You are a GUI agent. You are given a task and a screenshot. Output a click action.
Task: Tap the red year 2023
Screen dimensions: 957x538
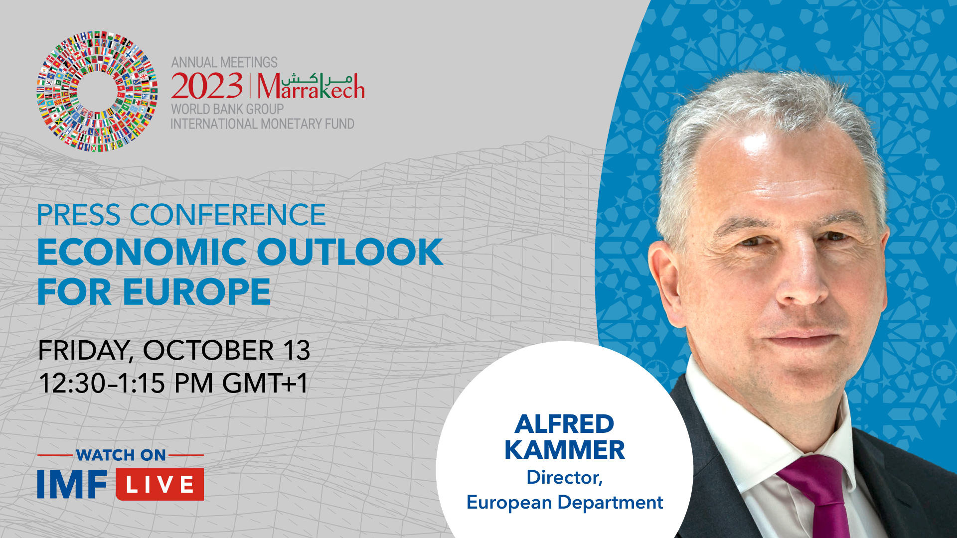click(x=207, y=86)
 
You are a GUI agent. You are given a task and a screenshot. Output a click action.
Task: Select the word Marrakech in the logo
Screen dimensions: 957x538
click(x=311, y=86)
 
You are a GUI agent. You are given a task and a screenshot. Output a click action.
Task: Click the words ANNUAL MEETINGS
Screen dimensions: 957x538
click(x=224, y=62)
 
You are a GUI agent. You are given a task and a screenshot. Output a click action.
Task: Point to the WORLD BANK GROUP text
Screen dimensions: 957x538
click(x=227, y=109)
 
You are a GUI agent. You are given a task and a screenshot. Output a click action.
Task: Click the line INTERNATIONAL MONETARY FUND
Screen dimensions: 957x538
click(x=263, y=124)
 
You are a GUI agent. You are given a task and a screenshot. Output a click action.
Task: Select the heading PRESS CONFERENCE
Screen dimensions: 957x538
click(x=181, y=215)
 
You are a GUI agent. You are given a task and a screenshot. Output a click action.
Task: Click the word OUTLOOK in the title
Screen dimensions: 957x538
click(x=350, y=252)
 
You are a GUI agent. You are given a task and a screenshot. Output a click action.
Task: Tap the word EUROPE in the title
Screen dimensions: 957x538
click(x=196, y=292)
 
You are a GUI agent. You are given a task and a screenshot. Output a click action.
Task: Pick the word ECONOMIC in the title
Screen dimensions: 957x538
click(x=142, y=252)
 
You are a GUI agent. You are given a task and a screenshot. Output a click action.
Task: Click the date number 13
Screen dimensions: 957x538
click(x=297, y=350)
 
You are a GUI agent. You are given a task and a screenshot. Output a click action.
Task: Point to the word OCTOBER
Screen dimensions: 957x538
click(x=208, y=350)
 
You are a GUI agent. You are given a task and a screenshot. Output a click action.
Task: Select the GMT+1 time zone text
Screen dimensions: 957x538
click(x=265, y=384)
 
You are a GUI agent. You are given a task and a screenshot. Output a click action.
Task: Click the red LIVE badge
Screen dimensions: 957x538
click(x=160, y=484)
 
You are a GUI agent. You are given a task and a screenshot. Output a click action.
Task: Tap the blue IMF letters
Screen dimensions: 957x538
click(x=72, y=484)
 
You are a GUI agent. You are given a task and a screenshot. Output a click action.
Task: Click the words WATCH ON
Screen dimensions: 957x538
click(x=121, y=455)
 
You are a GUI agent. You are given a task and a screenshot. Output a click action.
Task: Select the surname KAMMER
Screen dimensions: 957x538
click(x=565, y=450)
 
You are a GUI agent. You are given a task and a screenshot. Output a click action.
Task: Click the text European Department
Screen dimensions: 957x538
click(x=565, y=502)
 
